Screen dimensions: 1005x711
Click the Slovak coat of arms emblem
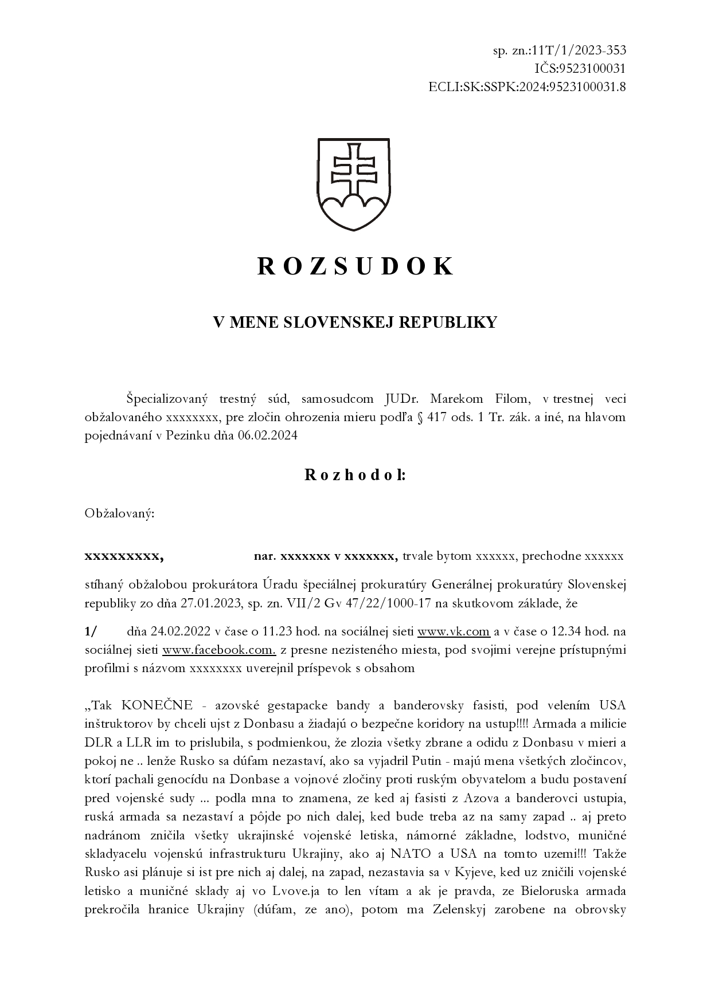(354, 184)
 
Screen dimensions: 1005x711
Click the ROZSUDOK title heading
(355, 266)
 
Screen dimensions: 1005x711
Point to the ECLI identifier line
(526, 87)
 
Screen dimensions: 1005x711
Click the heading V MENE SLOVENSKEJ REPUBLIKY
(355, 323)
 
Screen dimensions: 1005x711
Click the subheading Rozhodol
(355, 475)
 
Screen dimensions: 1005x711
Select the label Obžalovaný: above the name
(119, 513)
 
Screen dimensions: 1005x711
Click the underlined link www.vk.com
(454, 631)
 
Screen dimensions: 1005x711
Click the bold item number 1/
(91, 631)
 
